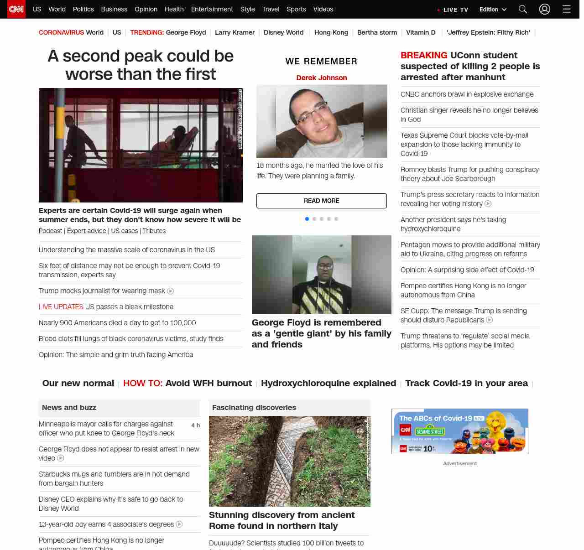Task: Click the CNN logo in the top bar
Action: pos(16,9)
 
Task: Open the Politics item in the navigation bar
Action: pos(83,9)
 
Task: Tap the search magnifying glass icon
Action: pos(523,9)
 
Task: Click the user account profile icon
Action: pos(545,9)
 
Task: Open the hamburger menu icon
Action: pos(566,9)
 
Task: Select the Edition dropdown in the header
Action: pos(493,10)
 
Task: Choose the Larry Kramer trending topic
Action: pos(235,32)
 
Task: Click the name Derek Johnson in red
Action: pos(322,78)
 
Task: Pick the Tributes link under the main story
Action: pos(154,231)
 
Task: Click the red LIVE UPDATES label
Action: pos(61,307)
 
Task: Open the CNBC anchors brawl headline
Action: pos(467,94)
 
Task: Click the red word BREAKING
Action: pos(424,55)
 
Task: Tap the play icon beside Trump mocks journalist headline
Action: pos(171,291)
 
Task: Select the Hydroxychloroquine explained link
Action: pos(328,384)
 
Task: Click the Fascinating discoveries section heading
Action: pos(254,408)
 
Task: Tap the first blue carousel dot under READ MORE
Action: pos(307,219)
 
